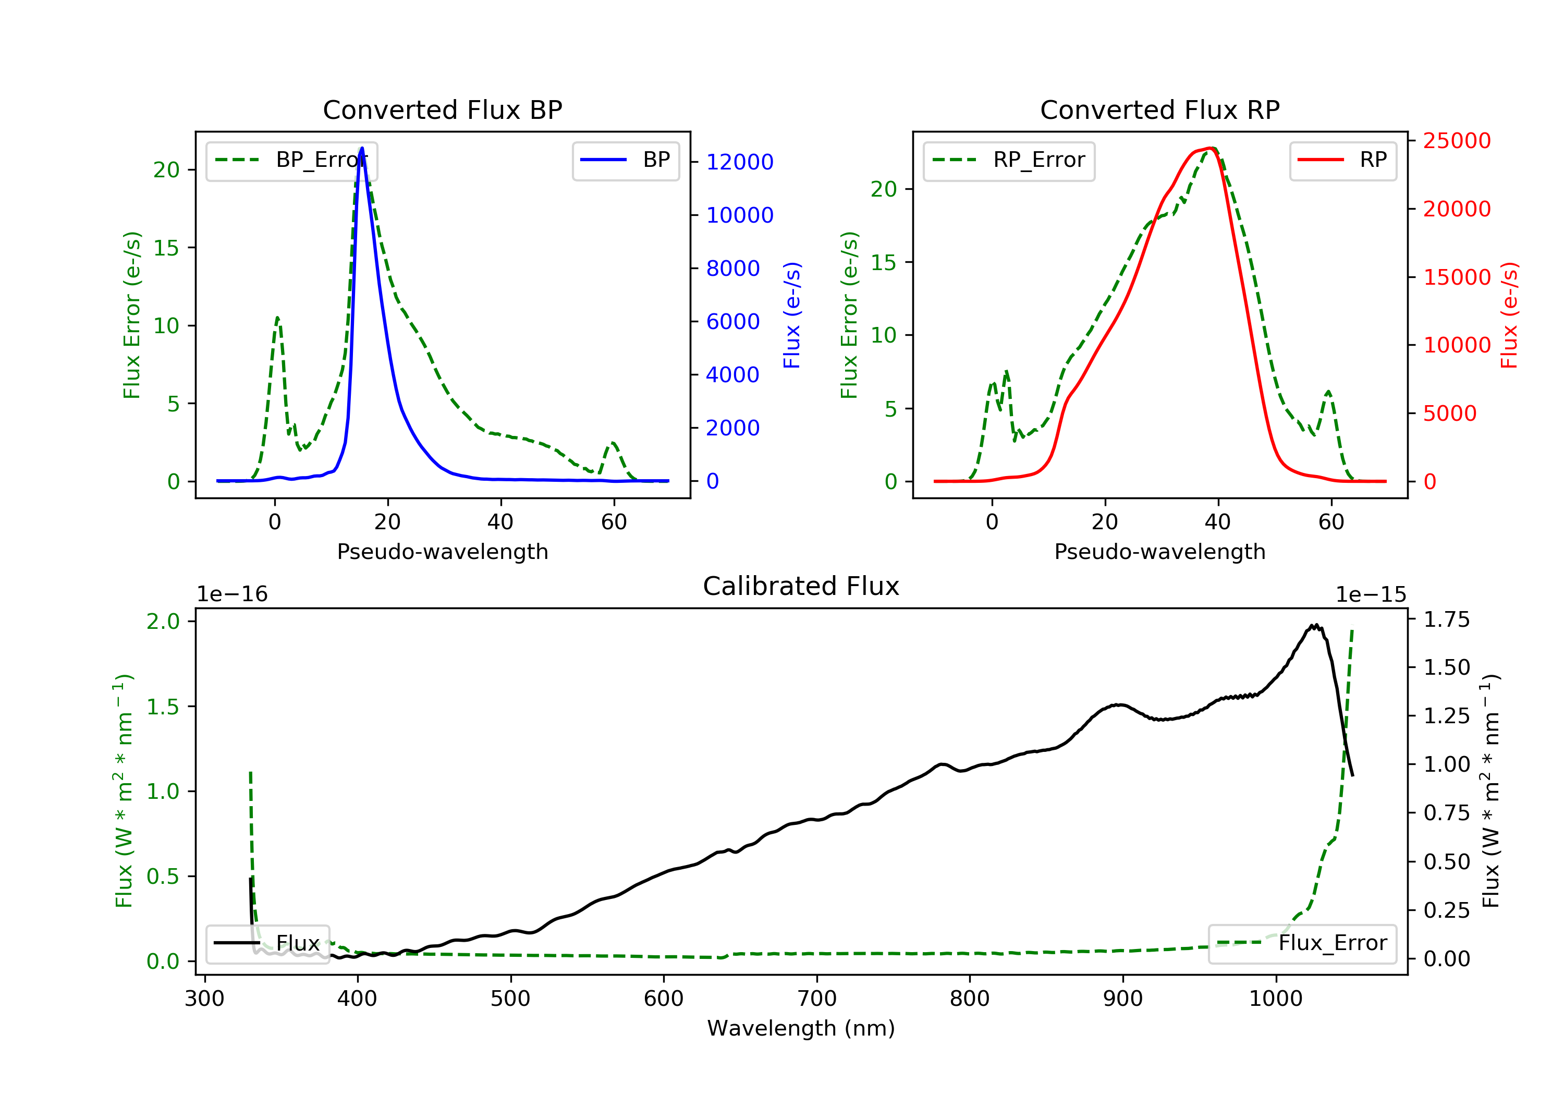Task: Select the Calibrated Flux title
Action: (801, 586)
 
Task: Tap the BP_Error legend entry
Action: (291, 160)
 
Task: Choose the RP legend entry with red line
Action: (1342, 160)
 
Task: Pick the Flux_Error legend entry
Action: (1302, 943)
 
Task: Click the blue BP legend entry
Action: (625, 160)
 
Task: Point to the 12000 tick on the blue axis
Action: (740, 162)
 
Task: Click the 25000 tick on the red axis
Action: (1457, 141)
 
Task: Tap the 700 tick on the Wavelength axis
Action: (817, 999)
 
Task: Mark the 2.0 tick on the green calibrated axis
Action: (164, 622)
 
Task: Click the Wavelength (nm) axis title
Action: (801, 1028)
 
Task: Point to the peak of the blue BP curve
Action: (362, 148)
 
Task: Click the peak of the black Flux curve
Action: (1315, 625)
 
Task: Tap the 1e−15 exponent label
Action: (1371, 595)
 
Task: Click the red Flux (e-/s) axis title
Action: (1509, 315)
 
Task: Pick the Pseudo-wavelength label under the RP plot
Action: (1160, 552)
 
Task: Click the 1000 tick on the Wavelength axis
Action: (1276, 999)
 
